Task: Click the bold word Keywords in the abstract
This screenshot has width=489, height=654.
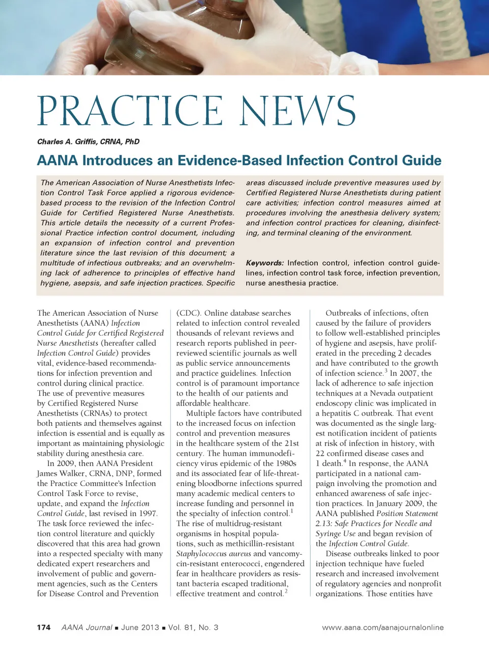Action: click(264, 263)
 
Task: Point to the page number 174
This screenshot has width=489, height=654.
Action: click(44, 628)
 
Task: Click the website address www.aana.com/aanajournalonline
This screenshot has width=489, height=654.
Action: click(383, 628)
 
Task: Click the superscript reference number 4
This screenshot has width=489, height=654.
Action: click(345, 461)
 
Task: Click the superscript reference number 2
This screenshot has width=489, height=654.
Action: click(286, 591)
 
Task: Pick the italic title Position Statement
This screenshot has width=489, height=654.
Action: click(407, 513)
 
